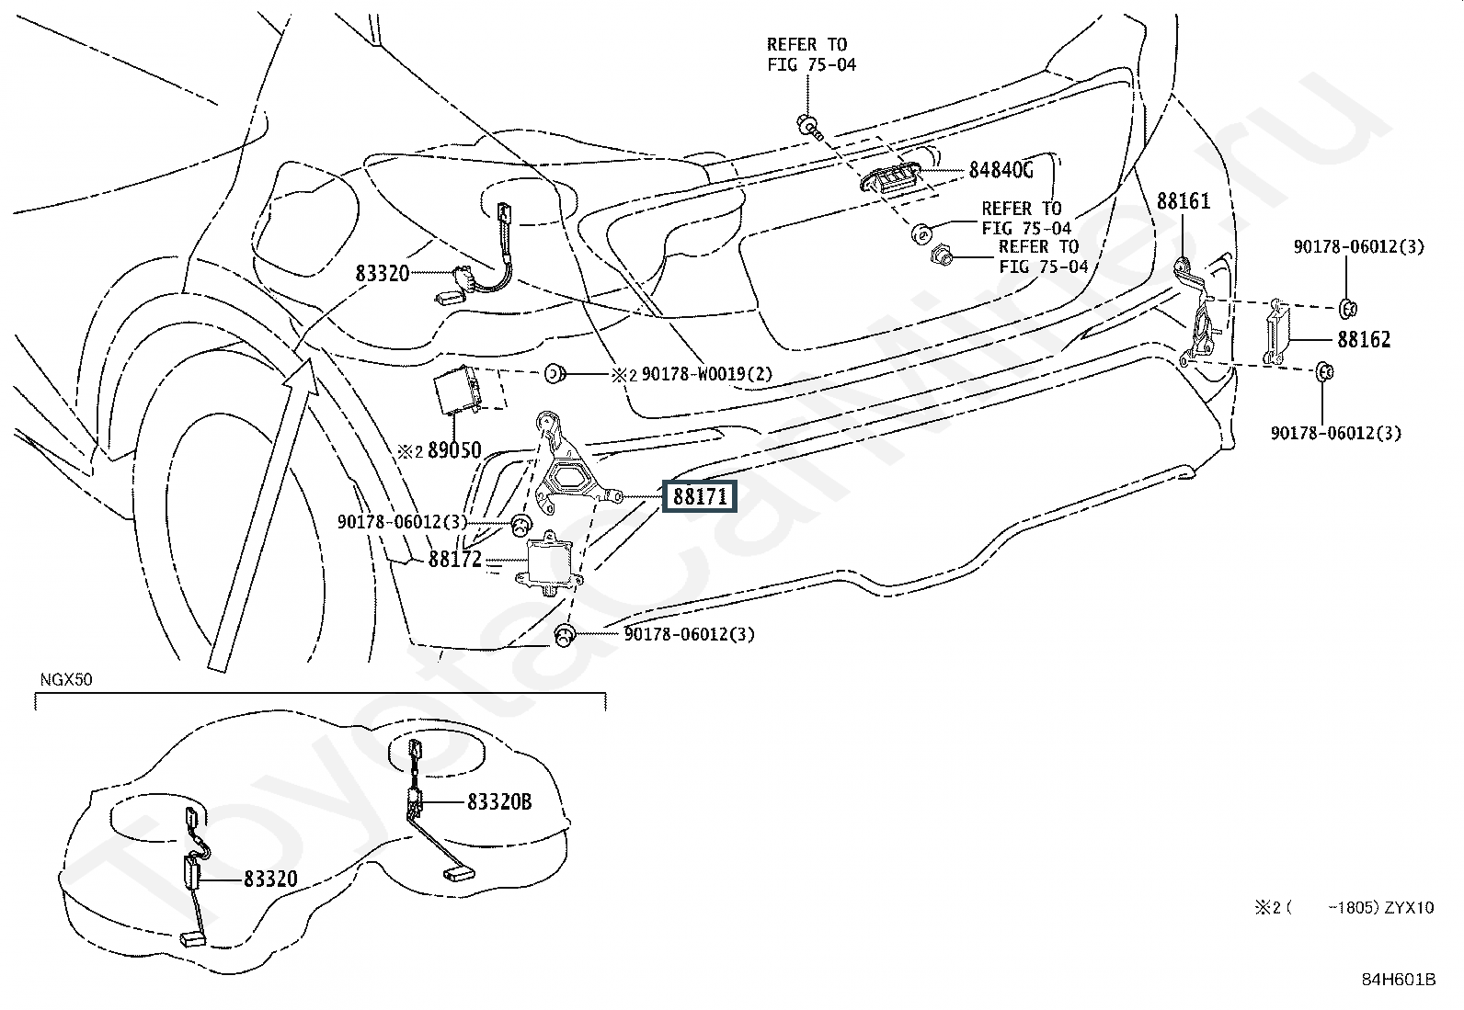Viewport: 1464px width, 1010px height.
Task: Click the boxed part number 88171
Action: [699, 496]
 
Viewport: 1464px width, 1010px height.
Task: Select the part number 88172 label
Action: [455, 560]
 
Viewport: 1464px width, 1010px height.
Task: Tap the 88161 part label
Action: [1184, 201]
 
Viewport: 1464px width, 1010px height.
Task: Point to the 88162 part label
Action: [1364, 340]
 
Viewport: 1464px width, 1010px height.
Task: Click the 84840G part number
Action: [1001, 170]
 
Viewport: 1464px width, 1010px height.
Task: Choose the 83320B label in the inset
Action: [499, 801]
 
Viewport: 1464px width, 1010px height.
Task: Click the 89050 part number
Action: [454, 450]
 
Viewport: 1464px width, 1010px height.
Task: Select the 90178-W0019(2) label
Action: [706, 374]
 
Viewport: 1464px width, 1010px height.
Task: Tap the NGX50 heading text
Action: [66, 679]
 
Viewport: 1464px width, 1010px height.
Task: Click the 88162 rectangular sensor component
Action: [1275, 332]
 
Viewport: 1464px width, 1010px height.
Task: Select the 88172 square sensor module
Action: [549, 562]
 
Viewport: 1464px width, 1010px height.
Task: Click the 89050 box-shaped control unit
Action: [458, 390]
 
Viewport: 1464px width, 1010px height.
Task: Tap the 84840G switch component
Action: [889, 178]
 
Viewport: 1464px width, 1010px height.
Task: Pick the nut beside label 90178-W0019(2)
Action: [555, 374]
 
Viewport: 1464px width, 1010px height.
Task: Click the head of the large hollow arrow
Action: [303, 377]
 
